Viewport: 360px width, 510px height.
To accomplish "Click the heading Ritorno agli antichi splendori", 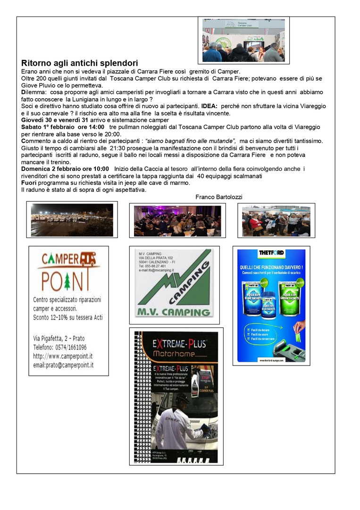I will tap(80, 63).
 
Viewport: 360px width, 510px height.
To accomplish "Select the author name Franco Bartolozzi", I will tap(218, 197).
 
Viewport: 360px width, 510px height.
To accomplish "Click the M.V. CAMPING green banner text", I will tap(173, 312).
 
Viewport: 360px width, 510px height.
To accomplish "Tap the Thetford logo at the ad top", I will tap(271, 253).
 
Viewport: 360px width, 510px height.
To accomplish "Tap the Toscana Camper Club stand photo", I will tap(243, 41).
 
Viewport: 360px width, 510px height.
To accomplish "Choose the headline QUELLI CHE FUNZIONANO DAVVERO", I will tap(271, 267).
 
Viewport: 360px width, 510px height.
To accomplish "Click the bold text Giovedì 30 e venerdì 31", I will tap(55, 120).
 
